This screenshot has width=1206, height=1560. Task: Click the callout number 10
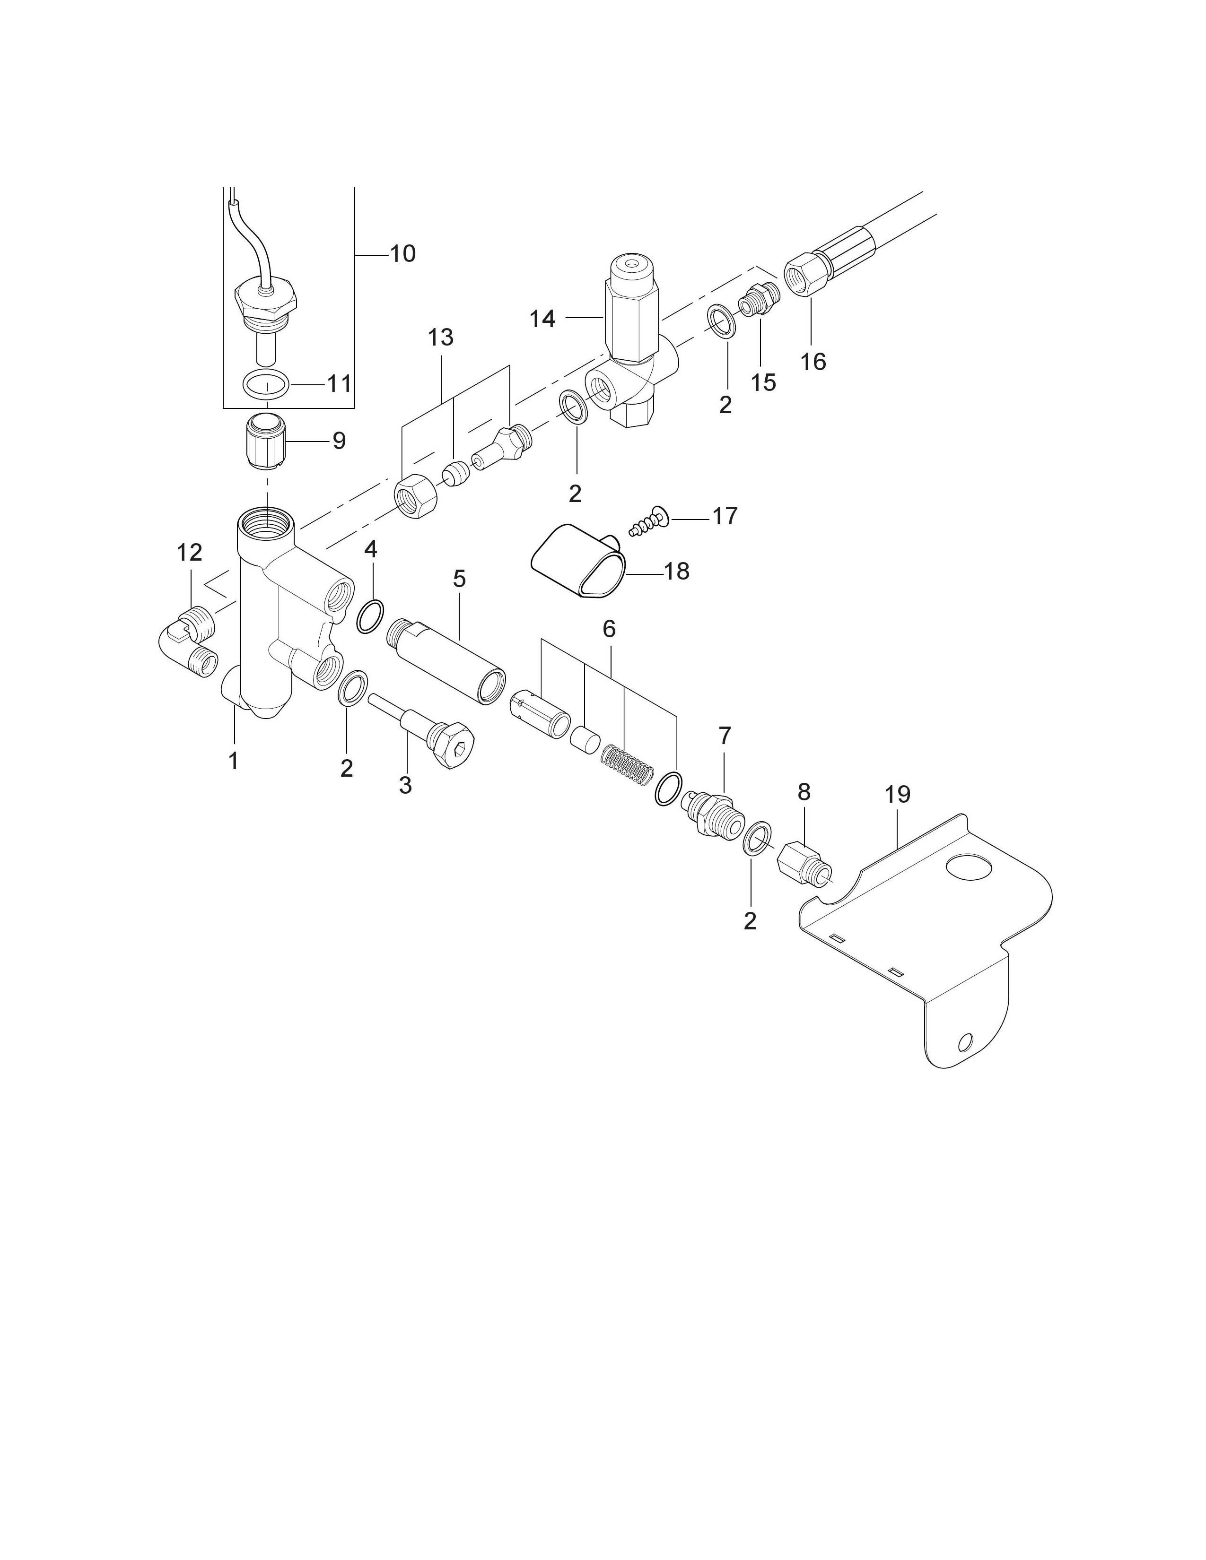[402, 253]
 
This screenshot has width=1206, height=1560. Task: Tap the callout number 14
[542, 319]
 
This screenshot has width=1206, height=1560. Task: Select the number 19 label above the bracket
[897, 794]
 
